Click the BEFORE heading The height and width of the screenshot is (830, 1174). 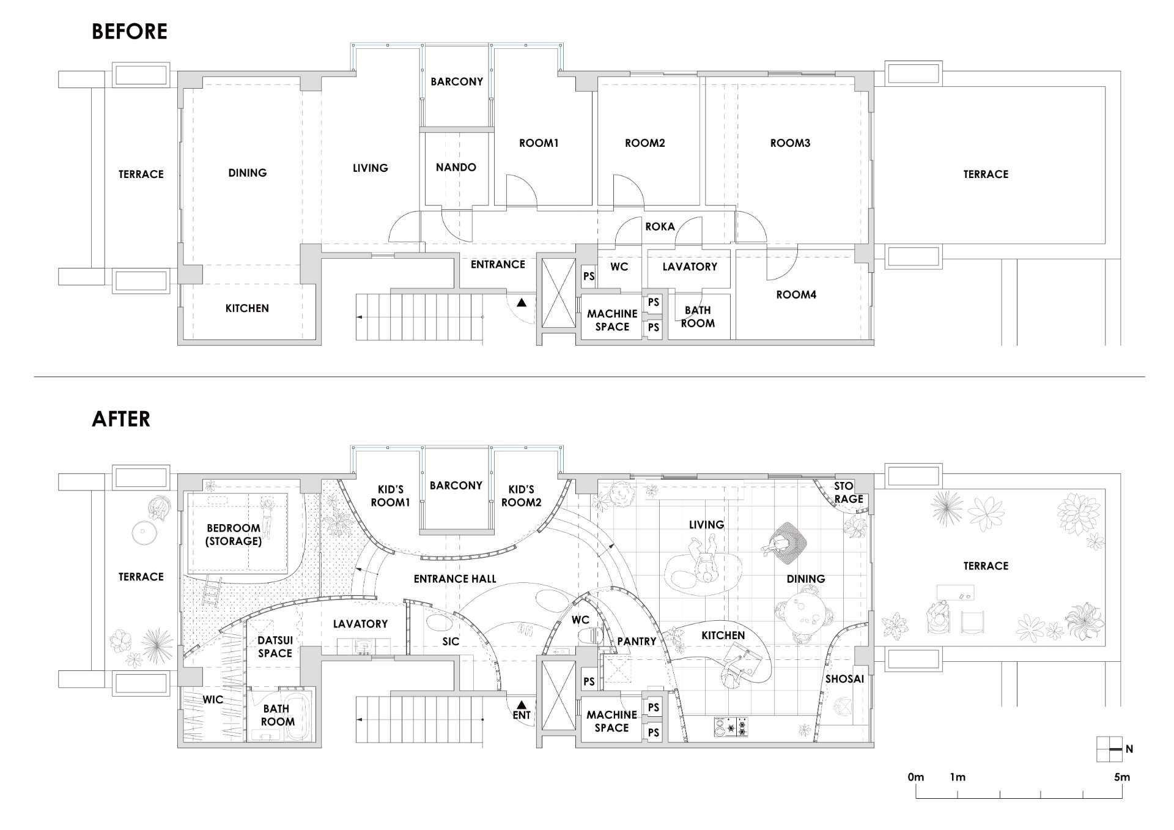point(130,31)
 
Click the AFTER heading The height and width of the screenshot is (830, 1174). point(121,419)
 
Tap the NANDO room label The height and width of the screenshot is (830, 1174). point(456,167)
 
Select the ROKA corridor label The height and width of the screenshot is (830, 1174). point(660,226)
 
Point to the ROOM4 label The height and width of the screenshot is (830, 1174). point(796,294)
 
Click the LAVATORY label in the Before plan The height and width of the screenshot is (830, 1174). point(690,267)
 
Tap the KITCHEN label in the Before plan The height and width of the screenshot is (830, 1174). point(247,308)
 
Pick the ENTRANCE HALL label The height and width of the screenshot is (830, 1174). point(455,579)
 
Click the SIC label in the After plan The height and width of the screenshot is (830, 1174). point(451,641)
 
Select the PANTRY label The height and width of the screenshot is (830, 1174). point(637,641)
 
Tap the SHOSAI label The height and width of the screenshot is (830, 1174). point(844,679)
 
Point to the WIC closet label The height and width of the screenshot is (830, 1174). point(213,700)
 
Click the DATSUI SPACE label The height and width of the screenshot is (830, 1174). point(275,647)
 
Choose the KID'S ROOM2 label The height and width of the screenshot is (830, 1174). point(522,495)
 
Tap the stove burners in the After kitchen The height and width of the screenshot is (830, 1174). point(731,727)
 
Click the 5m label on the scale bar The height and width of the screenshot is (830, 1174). point(1121,777)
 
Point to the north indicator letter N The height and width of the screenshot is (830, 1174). point(1129,749)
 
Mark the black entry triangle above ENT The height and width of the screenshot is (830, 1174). point(522,704)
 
